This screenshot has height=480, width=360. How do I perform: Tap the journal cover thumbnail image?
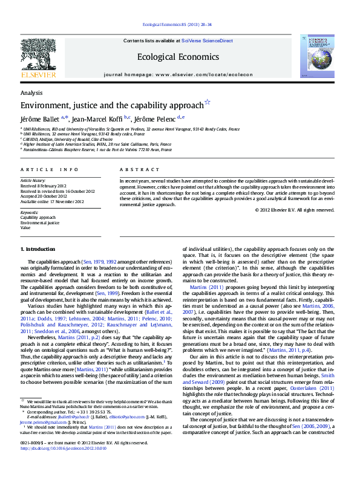[x=316, y=56]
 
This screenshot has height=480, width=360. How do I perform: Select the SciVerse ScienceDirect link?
[x=207, y=41]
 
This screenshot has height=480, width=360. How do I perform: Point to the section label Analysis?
[x=31, y=92]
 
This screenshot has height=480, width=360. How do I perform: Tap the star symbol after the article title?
[x=208, y=103]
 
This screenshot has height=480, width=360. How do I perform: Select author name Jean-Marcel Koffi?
[x=97, y=118]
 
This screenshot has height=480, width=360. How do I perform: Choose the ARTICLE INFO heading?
[x=50, y=170]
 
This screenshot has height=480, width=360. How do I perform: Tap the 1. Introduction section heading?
[x=38, y=249]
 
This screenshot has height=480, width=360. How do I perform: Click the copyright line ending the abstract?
[x=295, y=210]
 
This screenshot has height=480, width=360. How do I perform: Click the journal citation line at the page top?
[x=177, y=25]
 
